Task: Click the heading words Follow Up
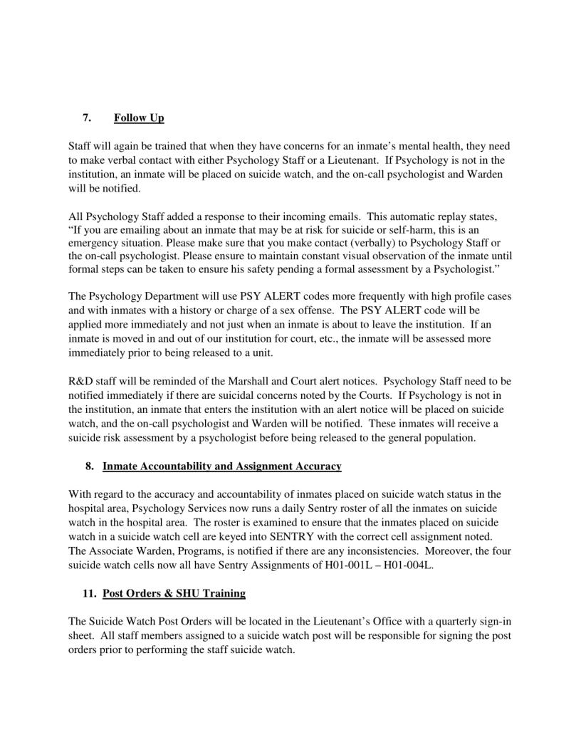pyautogui.click(x=139, y=117)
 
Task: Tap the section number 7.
pyautogui.click(x=85, y=117)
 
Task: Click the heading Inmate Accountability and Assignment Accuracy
pyautogui.click(x=222, y=466)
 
